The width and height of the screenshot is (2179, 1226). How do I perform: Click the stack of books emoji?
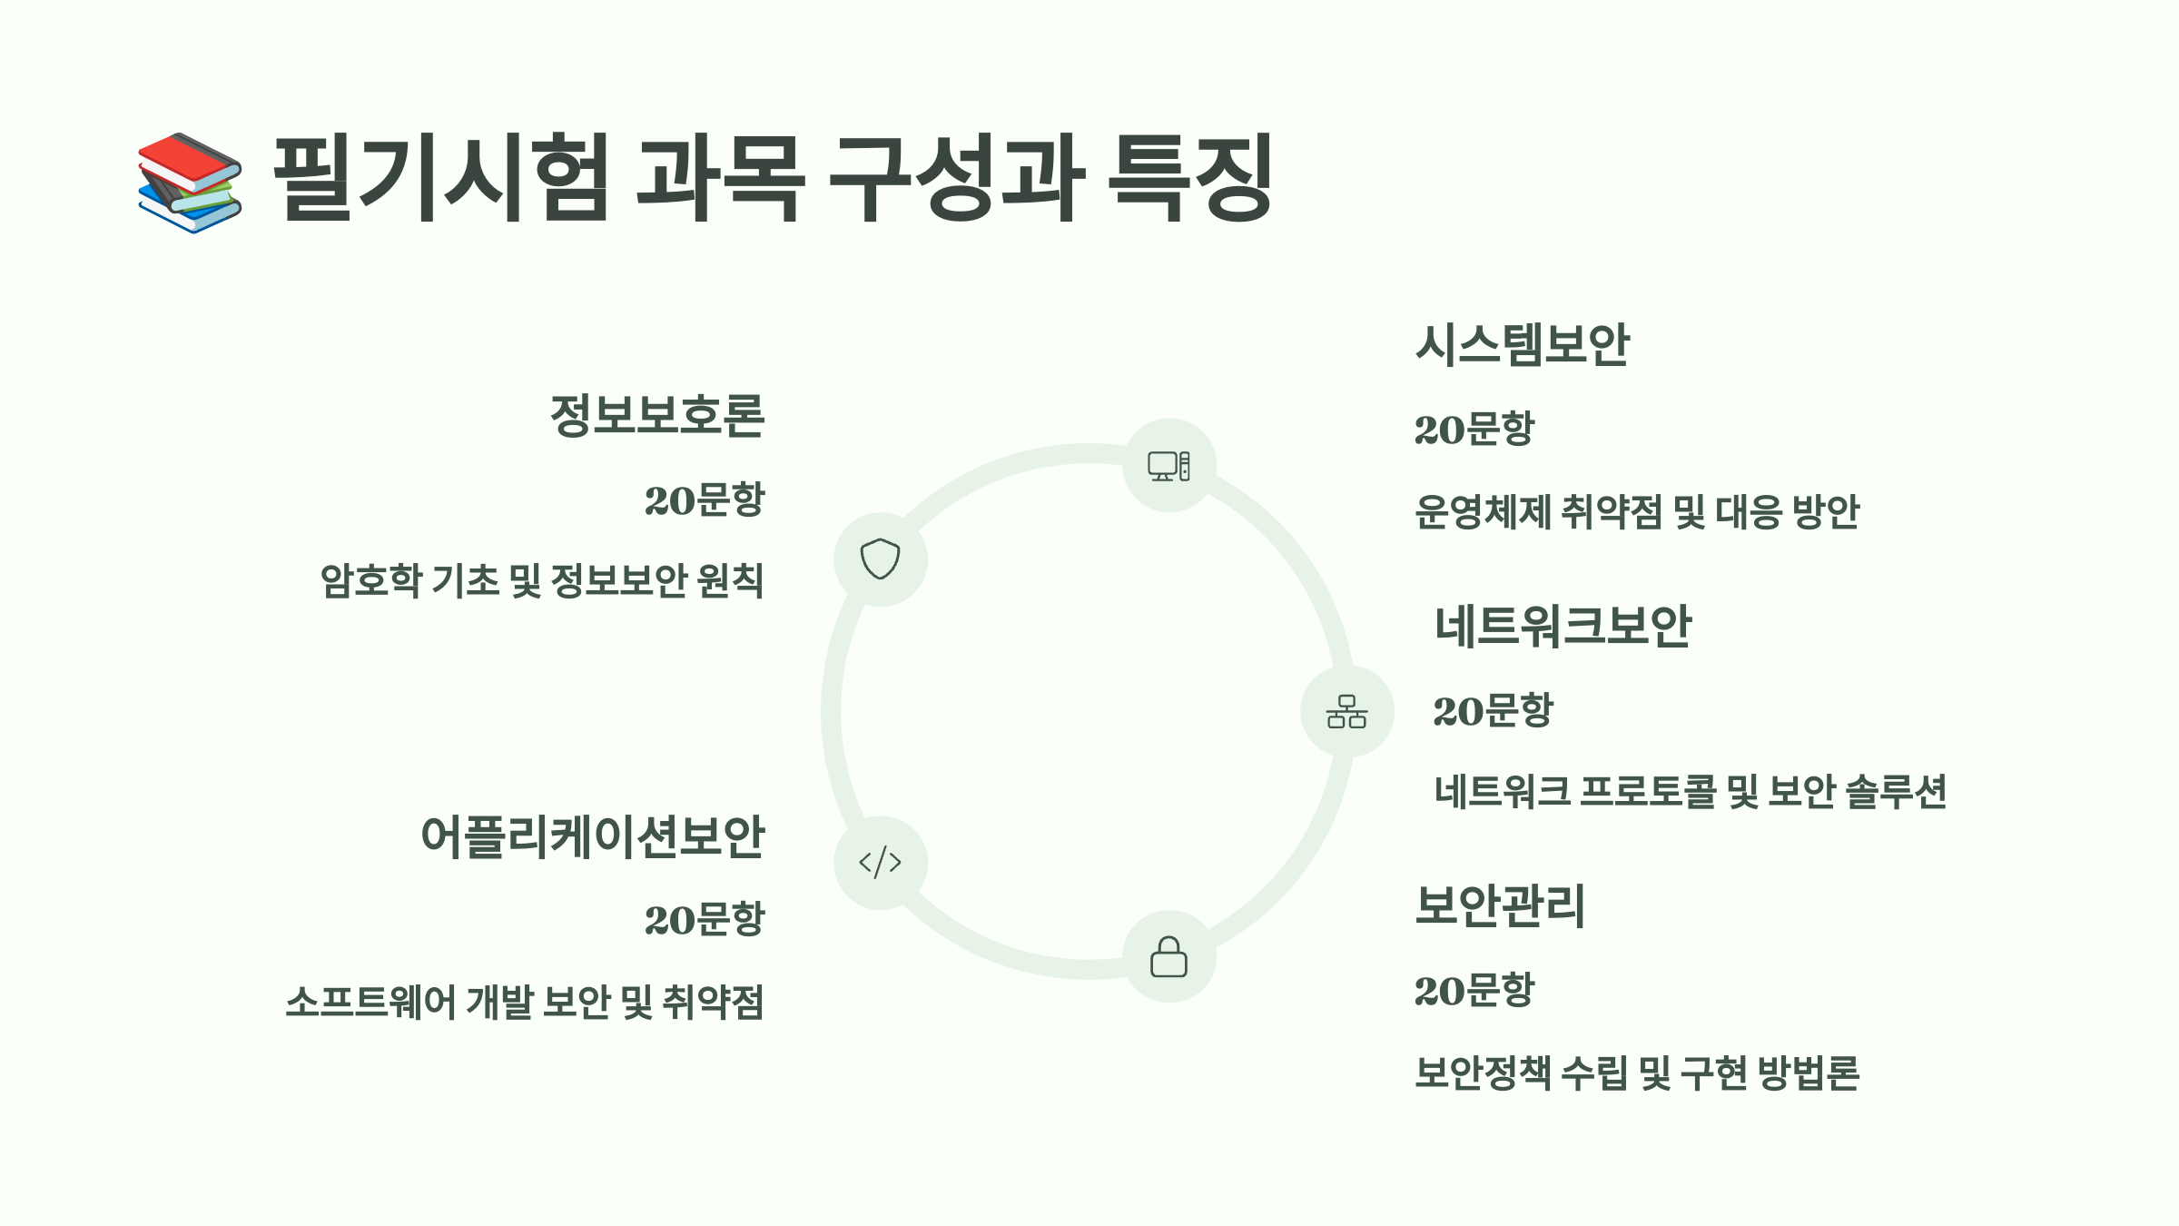pos(190,183)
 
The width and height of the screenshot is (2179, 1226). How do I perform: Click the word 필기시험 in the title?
pos(440,178)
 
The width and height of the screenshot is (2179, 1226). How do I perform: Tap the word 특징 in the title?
pos(1190,178)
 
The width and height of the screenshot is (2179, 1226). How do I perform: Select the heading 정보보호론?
pos(657,416)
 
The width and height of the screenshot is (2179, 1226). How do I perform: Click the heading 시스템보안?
pos(1523,345)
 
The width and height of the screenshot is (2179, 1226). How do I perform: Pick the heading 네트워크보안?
pos(1563,627)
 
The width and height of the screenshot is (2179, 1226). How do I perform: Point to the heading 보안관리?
pos(1500,905)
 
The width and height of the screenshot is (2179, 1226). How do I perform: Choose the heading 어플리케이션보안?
pos(593,836)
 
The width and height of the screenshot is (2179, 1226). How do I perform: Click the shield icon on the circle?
pos(880,559)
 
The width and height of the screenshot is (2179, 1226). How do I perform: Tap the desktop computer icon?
pos(1168,466)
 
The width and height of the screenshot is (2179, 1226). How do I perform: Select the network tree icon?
pos(1346,711)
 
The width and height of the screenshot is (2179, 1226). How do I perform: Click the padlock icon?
pos(1168,957)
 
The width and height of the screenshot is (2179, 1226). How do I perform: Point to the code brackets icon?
pos(880,862)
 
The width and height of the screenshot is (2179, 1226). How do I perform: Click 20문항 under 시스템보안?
pos(1474,429)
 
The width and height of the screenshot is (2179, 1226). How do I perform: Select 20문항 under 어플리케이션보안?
pos(705,919)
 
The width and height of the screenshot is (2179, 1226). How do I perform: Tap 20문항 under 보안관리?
pos(1474,990)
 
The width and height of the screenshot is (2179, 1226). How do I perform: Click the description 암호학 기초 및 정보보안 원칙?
pos(542,581)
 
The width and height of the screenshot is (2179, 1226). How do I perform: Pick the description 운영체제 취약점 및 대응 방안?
pos(1637,512)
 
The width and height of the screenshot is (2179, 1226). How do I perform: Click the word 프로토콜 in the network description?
pos(1648,792)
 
